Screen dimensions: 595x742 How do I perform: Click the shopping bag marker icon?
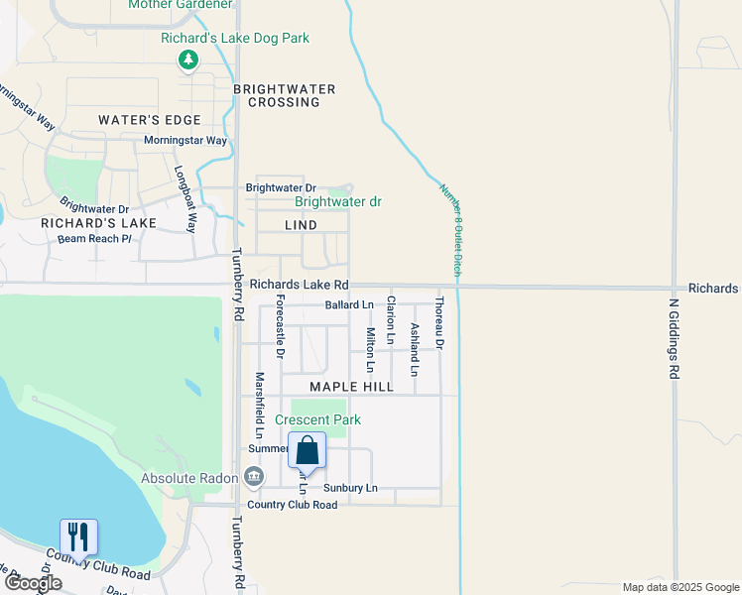[x=307, y=450]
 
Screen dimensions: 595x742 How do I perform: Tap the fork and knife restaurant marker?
[x=78, y=537]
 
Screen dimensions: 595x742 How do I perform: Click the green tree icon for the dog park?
[x=187, y=61]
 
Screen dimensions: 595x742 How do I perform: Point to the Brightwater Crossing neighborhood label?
[x=285, y=95]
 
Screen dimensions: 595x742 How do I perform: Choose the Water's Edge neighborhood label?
[x=144, y=120]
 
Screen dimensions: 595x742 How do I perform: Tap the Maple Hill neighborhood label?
[x=351, y=387]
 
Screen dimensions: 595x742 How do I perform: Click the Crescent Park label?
[x=318, y=420]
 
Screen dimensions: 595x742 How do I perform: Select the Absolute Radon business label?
[x=189, y=478]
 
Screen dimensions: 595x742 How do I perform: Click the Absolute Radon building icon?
[x=254, y=478]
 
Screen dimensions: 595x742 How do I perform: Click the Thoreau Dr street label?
[x=438, y=328]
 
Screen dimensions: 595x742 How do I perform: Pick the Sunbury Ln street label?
[x=350, y=488]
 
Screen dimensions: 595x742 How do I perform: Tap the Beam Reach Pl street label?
[x=94, y=238]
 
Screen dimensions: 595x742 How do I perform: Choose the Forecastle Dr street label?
[x=281, y=326]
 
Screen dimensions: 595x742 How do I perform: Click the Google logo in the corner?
[x=34, y=583]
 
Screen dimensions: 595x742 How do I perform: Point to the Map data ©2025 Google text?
[x=680, y=587]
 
